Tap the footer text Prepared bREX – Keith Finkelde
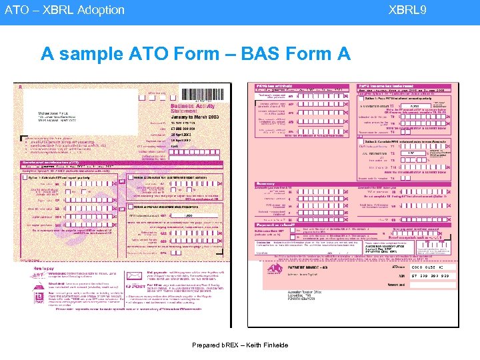point(239,345)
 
